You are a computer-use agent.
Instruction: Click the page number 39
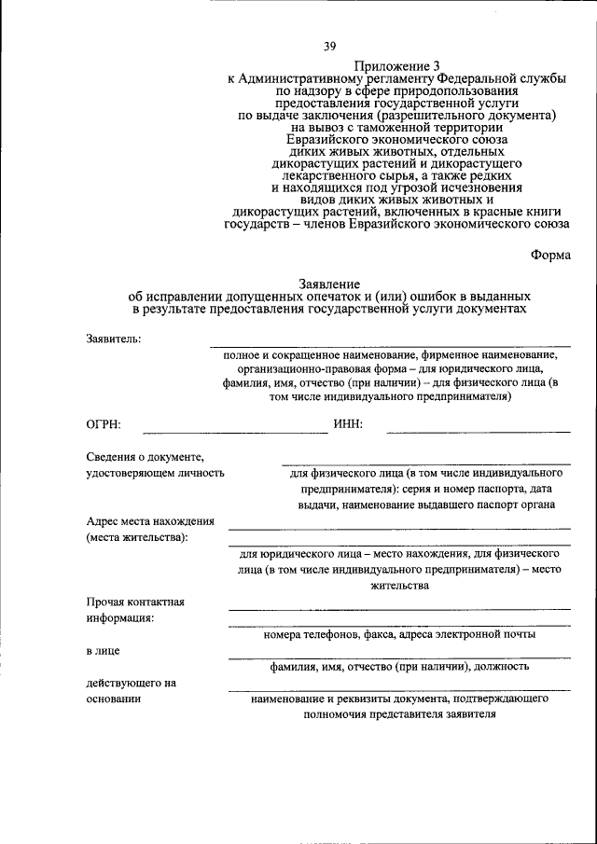[329, 47]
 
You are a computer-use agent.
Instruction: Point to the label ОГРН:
[102, 425]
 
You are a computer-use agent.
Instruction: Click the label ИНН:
[347, 425]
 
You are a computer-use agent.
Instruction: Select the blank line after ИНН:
[478, 431]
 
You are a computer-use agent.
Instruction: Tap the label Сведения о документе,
[145, 456]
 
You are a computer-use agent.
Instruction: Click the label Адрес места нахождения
[150, 522]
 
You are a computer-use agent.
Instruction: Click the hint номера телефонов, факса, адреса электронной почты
[399, 634]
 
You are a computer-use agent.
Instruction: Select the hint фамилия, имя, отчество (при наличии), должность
[399, 667]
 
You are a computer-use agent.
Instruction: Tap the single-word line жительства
[399, 586]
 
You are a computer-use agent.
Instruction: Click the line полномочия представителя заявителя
[399, 714]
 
